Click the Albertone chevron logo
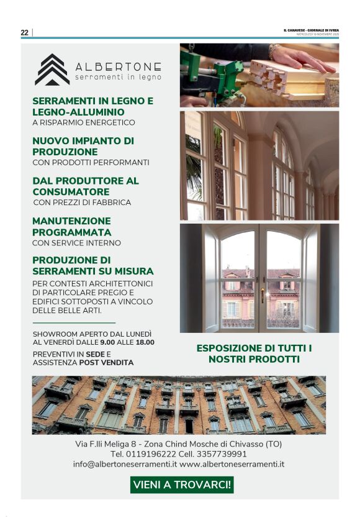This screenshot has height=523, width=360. (x=52, y=70)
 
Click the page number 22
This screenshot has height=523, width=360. (x=24, y=33)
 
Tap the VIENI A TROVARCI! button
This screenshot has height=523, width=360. (x=182, y=484)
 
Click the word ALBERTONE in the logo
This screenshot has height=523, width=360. (x=118, y=67)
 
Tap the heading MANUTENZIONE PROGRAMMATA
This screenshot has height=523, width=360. (x=71, y=226)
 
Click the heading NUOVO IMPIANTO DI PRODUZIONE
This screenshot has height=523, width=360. (x=83, y=146)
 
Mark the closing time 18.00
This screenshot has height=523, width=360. (x=144, y=342)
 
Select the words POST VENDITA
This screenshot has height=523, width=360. (x=112, y=362)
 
